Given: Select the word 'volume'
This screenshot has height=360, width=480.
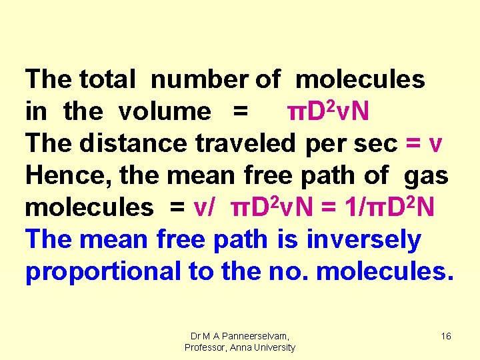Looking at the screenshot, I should pyautogui.click(x=164, y=111).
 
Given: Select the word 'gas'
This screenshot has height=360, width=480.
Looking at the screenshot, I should pyautogui.click(x=426, y=175).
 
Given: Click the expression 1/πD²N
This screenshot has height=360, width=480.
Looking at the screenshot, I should pyautogui.click(x=389, y=207).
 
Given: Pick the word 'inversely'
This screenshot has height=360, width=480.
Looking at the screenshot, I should pyautogui.click(x=364, y=239).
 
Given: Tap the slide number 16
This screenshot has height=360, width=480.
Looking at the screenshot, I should pyautogui.click(x=446, y=337).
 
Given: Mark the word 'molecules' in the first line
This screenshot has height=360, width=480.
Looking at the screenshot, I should pyautogui.click(x=360, y=79).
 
